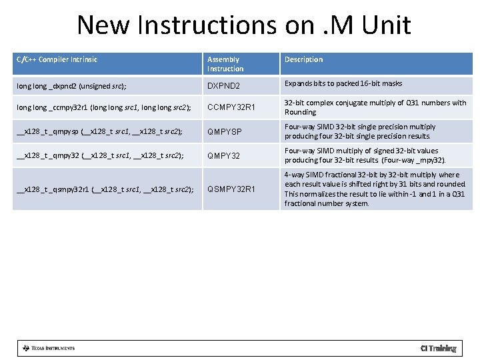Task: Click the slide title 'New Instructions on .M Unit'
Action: [x=243, y=25]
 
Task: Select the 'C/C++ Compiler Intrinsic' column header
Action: [x=57, y=60]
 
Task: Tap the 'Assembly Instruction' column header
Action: [x=225, y=64]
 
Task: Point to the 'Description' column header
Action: [x=303, y=60]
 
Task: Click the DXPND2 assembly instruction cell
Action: [x=223, y=87]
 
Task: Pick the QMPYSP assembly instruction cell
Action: [x=225, y=132]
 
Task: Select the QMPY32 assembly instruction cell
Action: [x=223, y=156]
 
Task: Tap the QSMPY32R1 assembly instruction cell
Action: [x=231, y=189]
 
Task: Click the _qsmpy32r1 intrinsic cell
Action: [x=104, y=189]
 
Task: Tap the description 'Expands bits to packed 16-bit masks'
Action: [x=343, y=84]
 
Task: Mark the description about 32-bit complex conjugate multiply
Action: [x=375, y=107]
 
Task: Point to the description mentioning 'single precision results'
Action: [x=360, y=131]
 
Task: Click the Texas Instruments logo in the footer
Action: [x=48, y=348]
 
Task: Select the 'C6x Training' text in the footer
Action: [x=438, y=348]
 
